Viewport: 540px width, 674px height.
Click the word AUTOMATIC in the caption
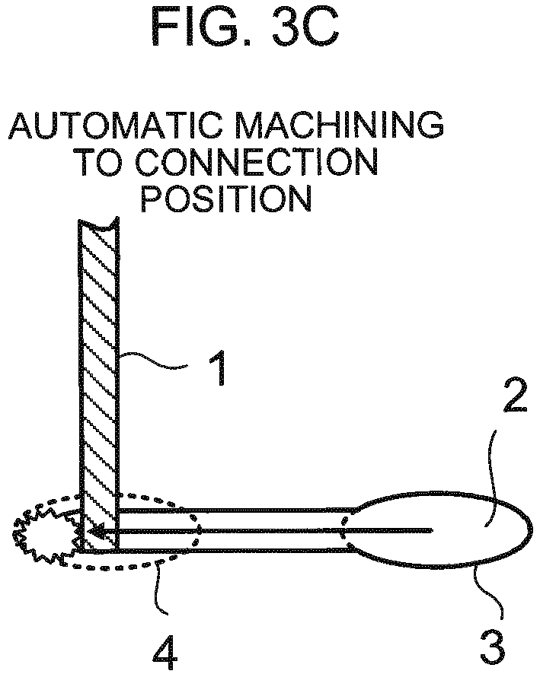point(117,126)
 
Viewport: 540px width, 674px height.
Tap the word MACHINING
point(340,126)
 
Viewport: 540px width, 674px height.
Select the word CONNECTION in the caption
point(257,163)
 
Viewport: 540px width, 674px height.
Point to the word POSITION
point(226,199)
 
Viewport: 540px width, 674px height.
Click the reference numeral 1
point(218,368)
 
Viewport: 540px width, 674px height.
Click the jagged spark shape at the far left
point(43,534)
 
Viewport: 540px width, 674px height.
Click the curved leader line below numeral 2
point(491,477)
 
